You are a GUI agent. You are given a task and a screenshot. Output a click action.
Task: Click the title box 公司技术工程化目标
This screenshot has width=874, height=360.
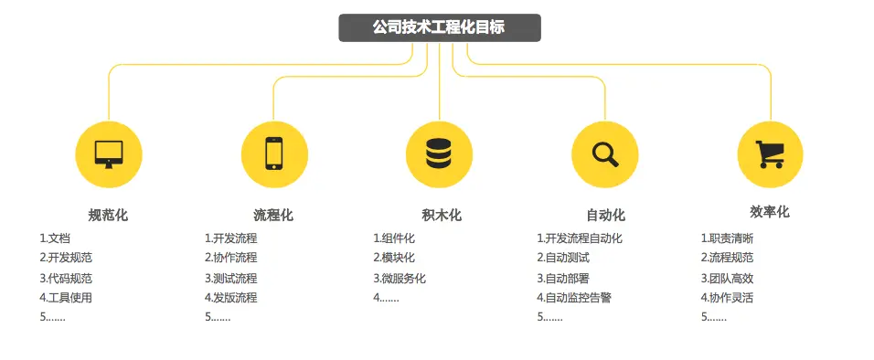click(439, 27)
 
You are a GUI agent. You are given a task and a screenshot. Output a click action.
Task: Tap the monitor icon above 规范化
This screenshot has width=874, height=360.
click(109, 153)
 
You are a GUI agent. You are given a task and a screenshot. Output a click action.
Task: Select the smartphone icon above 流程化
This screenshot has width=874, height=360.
click(274, 153)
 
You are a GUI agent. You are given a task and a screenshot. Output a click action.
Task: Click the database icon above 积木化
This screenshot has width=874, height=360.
click(439, 153)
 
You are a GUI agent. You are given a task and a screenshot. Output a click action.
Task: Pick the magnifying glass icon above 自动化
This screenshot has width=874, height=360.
click(604, 153)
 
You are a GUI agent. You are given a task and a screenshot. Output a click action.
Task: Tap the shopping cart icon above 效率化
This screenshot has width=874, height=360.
click(770, 153)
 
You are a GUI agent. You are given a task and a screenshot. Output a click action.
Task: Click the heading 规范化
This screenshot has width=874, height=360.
click(108, 216)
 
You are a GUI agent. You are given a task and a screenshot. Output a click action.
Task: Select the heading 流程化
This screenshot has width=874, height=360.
click(273, 216)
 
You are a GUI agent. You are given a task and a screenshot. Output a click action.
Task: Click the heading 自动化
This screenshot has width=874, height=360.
click(605, 216)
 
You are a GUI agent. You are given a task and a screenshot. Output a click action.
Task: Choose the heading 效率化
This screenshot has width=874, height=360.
click(770, 212)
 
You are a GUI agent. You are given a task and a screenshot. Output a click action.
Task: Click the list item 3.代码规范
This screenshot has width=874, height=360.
click(66, 278)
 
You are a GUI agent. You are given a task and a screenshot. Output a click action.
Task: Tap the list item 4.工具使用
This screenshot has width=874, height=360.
click(66, 297)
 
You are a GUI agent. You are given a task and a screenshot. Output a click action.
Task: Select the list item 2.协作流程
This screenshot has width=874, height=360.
click(230, 258)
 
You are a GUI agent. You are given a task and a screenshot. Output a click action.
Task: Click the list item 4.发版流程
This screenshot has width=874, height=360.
click(230, 297)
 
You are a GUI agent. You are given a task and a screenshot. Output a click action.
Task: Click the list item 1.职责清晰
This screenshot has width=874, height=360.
click(727, 238)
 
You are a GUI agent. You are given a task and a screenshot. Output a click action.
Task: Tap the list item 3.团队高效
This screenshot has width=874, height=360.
click(727, 278)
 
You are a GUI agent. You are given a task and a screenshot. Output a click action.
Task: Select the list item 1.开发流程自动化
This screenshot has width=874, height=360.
click(579, 238)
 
